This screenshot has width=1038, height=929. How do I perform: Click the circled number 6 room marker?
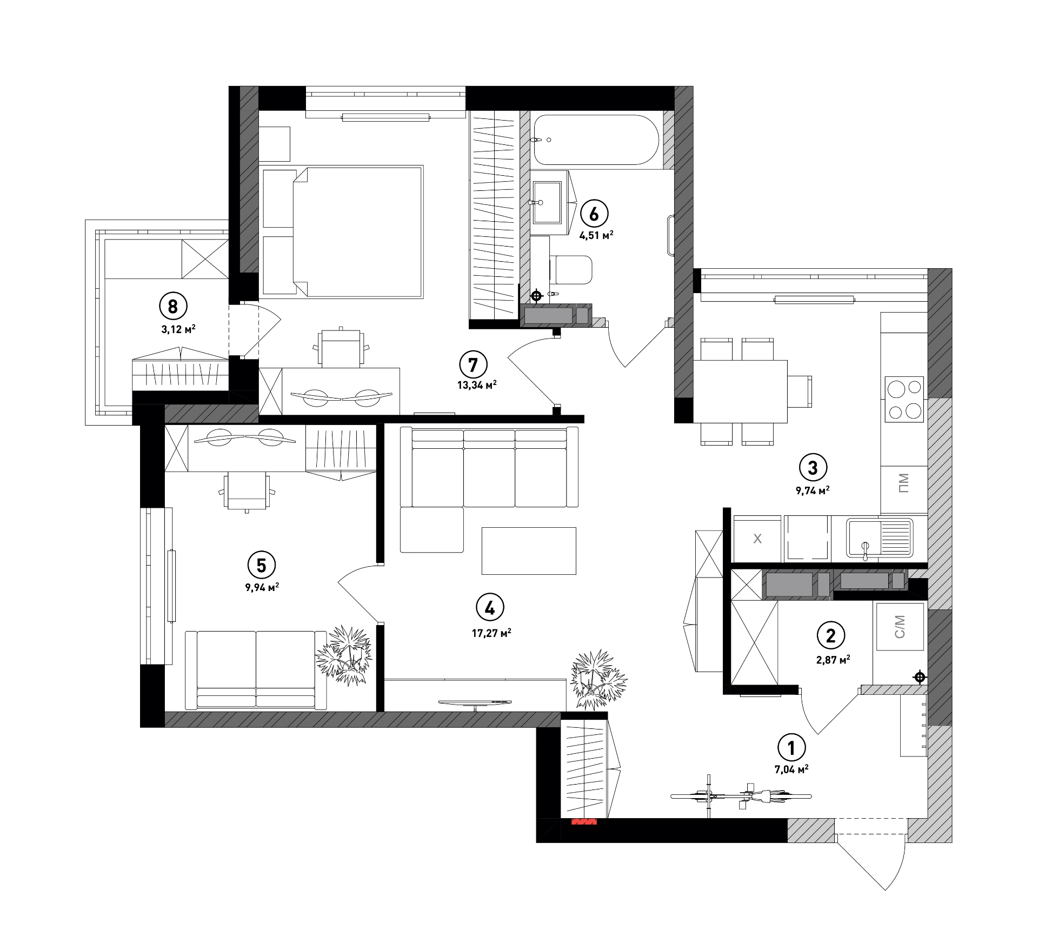tap(594, 214)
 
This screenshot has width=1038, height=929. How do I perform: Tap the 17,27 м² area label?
tap(491, 633)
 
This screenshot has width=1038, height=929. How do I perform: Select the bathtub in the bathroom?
tap(596, 140)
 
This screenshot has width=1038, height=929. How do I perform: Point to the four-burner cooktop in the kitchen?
tap(904, 400)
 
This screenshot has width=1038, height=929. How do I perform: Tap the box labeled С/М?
tap(900, 626)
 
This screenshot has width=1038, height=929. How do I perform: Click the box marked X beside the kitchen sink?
tap(757, 539)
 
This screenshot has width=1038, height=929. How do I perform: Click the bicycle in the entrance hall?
tap(741, 796)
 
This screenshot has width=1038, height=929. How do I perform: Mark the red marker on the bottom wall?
tap(584, 822)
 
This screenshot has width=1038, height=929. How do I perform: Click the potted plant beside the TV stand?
tap(599, 679)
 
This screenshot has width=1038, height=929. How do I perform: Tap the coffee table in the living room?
tap(529, 550)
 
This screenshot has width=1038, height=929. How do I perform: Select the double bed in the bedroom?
tap(342, 232)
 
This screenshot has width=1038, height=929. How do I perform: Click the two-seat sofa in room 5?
tap(256, 670)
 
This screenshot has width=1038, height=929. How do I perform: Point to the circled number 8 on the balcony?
tap(173, 307)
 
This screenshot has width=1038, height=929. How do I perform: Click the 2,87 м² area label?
tap(833, 659)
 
